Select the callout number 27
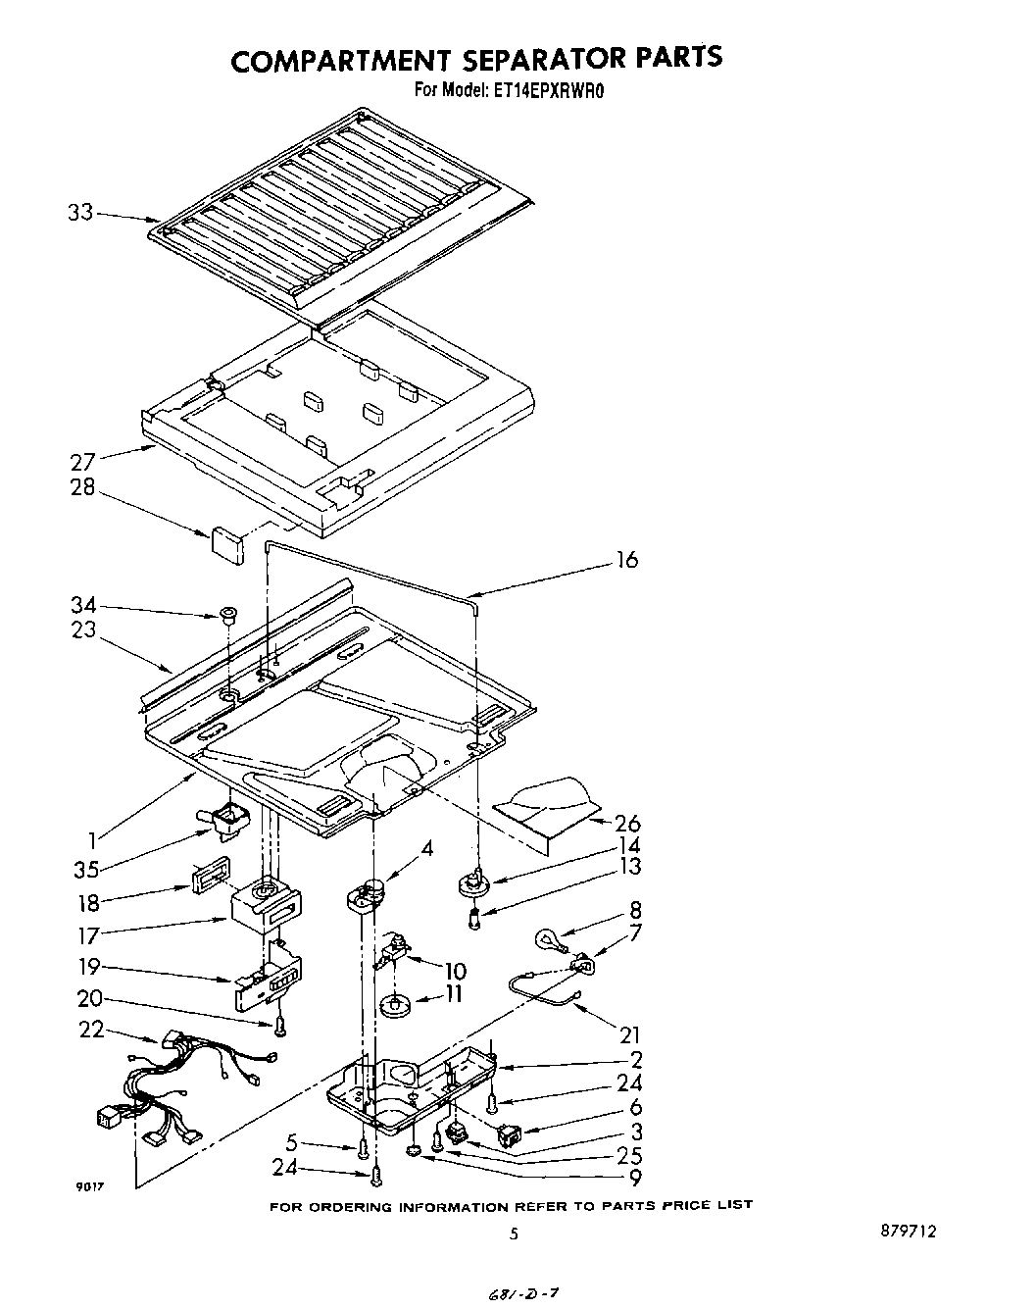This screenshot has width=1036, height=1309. click(x=82, y=462)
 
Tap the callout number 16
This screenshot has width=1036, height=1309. click(x=626, y=560)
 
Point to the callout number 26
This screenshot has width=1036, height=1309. click(x=626, y=824)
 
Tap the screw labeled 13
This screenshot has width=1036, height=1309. click(x=475, y=919)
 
